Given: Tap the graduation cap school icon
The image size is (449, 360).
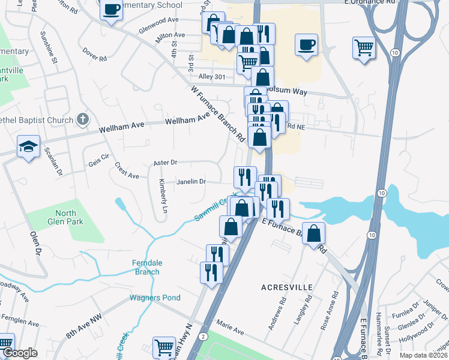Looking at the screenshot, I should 28,147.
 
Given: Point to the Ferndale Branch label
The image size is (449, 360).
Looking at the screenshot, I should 146,267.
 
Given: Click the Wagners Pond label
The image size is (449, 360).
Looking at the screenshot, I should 155,298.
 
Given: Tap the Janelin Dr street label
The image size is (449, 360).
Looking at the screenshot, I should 191,181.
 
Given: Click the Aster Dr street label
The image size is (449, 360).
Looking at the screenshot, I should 166,162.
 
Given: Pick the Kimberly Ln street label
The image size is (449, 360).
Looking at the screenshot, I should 163,196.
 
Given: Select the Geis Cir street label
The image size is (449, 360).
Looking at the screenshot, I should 98,159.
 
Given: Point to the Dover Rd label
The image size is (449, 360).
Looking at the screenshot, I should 95,55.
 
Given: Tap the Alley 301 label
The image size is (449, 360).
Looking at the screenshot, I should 211,76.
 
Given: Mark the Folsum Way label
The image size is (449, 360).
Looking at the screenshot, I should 290,92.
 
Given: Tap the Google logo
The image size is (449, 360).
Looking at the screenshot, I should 20,353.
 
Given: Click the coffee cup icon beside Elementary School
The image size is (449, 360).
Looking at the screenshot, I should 111,10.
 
